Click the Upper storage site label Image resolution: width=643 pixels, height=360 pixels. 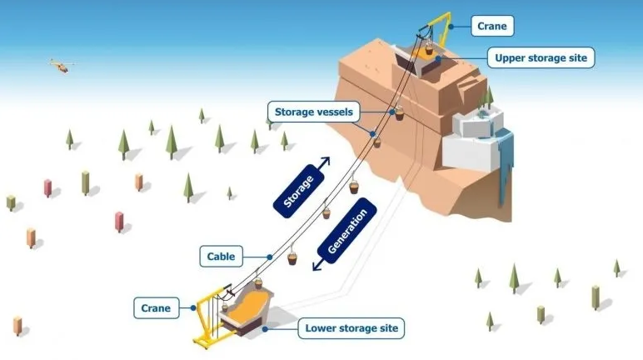(x=541, y=57)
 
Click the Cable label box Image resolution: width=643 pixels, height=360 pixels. (x=221, y=257)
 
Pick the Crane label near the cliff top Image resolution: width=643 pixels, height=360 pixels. (x=491, y=26)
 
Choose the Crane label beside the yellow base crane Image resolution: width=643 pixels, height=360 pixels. (x=156, y=308)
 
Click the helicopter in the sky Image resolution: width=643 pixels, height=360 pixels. (x=59, y=65)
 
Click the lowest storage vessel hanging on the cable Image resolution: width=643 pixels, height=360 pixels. (x=293, y=258)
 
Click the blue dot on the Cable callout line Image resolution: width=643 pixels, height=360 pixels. (x=269, y=256)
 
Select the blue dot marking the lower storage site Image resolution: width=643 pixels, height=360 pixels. (x=266, y=328)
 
